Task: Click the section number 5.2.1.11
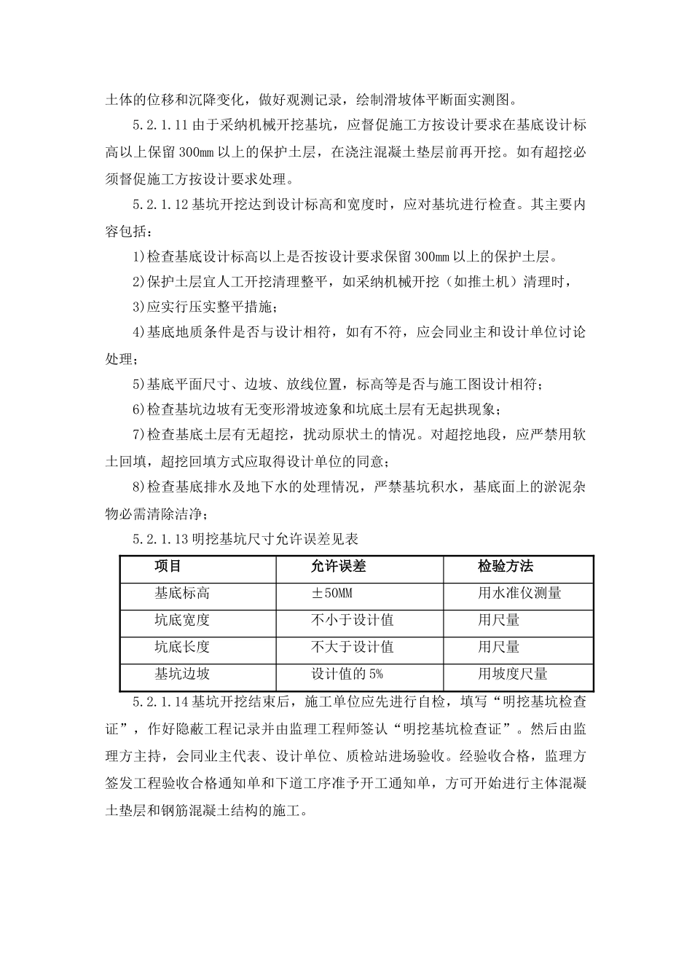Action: [x=160, y=125]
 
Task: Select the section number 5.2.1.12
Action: [x=160, y=205]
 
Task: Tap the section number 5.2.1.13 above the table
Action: [x=160, y=540]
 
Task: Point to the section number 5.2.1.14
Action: [x=160, y=703]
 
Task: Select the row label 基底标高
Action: [x=182, y=594]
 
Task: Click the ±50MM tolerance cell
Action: [x=332, y=594]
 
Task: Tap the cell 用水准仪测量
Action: [x=519, y=594]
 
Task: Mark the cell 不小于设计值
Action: [x=353, y=621]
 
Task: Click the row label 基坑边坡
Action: [x=182, y=675]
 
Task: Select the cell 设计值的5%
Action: [x=347, y=675]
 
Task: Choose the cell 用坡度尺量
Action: [x=513, y=675]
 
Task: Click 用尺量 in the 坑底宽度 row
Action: [x=499, y=621]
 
